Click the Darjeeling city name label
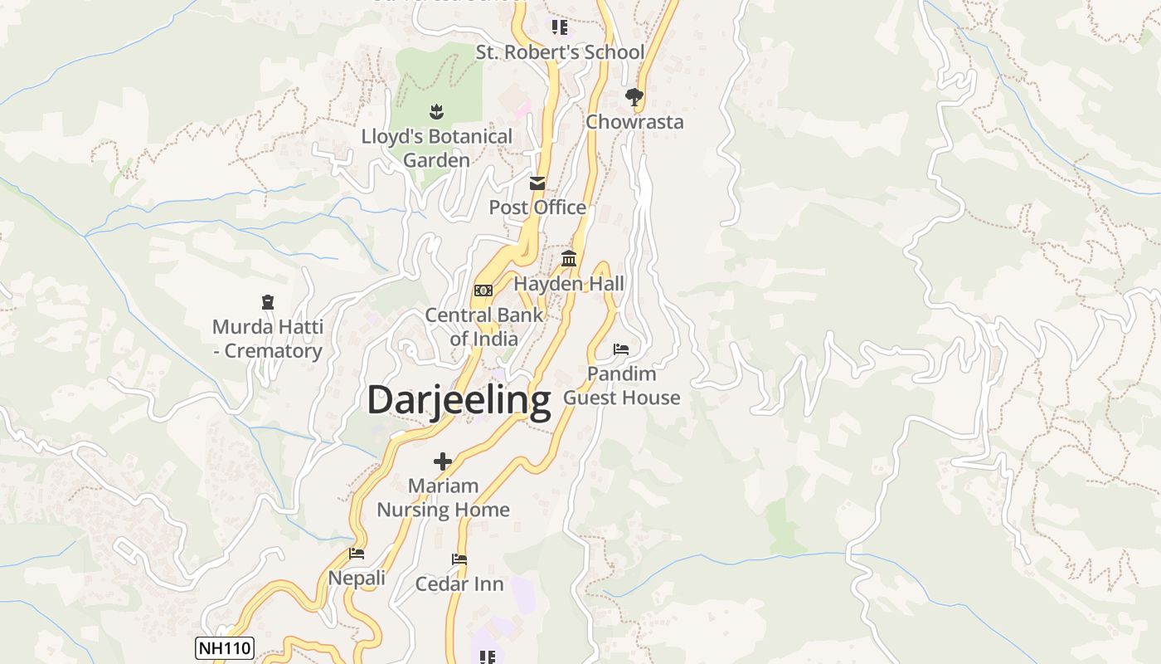pyautogui.click(x=459, y=400)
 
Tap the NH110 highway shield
pyautogui.click(x=224, y=648)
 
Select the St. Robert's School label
pyautogui.click(x=560, y=52)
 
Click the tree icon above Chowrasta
pyautogui.click(x=634, y=97)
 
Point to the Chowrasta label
pyautogui.click(x=634, y=122)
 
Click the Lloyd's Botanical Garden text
pyautogui.click(x=437, y=148)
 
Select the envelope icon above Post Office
pyautogui.click(x=537, y=183)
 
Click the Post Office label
pyautogui.click(x=537, y=207)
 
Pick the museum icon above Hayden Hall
pyautogui.click(x=569, y=259)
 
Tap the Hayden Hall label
pyautogui.click(x=569, y=284)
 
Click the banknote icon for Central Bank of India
pyautogui.click(x=483, y=290)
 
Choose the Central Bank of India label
pyautogui.click(x=483, y=327)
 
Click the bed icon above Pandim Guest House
pyautogui.click(x=621, y=349)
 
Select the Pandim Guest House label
pyautogui.click(x=622, y=386)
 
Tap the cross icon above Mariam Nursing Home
pyautogui.click(x=443, y=461)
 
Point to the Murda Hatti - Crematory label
pyautogui.click(x=267, y=339)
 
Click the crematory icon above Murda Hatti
pyautogui.click(x=267, y=302)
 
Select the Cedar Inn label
pyautogui.click(x=459, y=584)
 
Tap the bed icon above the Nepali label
pyautogui.click(x=357, y=554)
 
